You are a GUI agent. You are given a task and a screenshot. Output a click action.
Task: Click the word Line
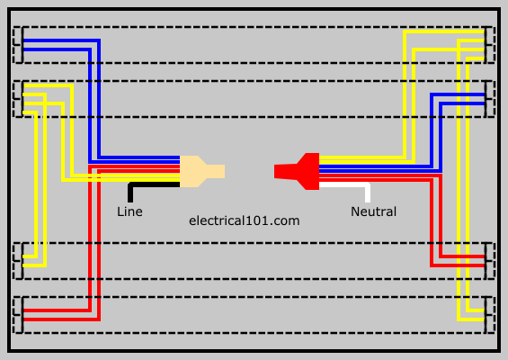(129, 211)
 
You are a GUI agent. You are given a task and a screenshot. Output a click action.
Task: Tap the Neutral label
(373, 211)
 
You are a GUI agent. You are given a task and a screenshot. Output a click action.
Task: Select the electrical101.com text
(245, 220)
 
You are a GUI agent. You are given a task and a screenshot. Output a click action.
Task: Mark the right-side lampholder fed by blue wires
(489, 99)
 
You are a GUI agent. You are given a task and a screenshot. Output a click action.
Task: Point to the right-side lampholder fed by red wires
(489, 261)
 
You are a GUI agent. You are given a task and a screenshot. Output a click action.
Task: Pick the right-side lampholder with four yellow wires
(489, 45)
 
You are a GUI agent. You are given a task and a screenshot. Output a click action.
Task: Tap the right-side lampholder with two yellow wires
(489, 315)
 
